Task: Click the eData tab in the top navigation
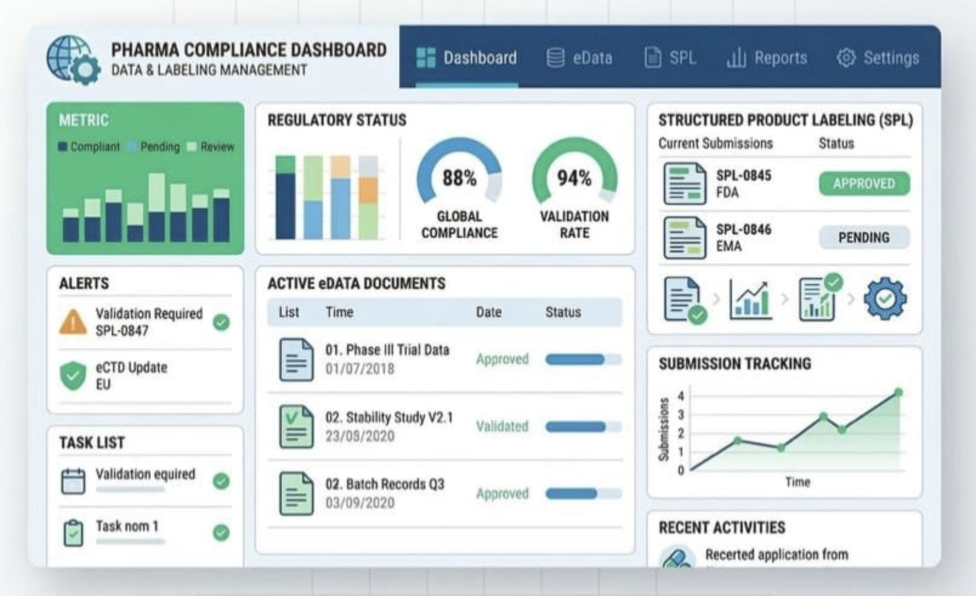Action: [580, 58]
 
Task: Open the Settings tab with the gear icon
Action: [878, 58]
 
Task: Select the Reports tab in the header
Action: [767, 58]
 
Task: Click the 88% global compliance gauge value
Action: [459, 178]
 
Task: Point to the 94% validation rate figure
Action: [574, 178]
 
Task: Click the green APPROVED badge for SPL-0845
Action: [864, 183]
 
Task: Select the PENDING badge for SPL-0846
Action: [864, 237]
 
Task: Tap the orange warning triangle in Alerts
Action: [73, 322]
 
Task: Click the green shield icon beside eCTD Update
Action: [73, 376]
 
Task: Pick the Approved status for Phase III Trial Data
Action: [502, 359]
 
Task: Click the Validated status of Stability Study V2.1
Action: [502, 427]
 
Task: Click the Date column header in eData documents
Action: [489, 312]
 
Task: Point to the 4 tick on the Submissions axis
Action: [681, 396]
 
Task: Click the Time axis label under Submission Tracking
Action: [798, 482]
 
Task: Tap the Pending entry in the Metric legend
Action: [159, 147]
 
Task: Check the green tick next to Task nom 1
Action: [222, 533]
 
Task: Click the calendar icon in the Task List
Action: [73, 481]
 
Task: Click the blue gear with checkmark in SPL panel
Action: [885, 298]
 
